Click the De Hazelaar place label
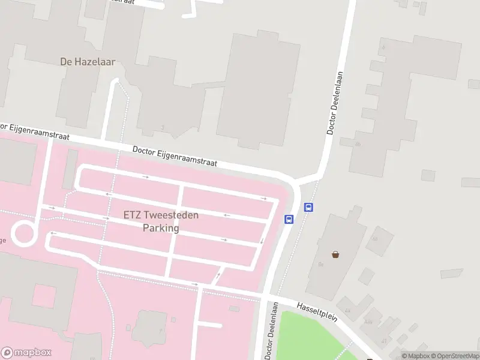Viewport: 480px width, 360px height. coord(88,61)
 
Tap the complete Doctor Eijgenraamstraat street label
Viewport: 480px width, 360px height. coord(175,157)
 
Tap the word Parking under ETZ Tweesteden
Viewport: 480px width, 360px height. coord(161,228)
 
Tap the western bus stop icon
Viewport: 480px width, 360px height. coord(289,219)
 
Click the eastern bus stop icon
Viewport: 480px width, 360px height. coord(308,208)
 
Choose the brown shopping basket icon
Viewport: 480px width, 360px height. coord(335,254)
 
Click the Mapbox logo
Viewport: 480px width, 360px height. coord(26,353)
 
